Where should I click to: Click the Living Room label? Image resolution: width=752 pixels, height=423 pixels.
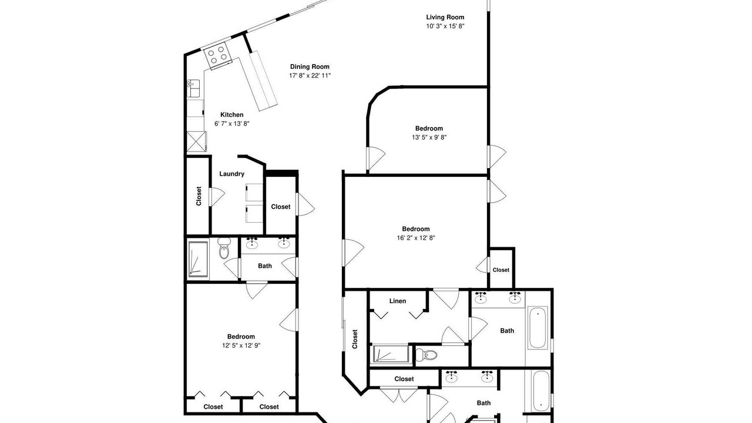pyautogui.click(x=445, y=17)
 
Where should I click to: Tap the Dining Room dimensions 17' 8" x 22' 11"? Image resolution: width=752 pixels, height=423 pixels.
pyautogui.click(x=310, y=76)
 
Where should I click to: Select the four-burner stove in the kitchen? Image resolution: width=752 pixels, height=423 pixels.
pyautogui.click(x=218, y=56)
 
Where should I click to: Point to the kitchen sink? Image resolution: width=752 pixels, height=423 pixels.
pyautogui.click(x=193, y=88)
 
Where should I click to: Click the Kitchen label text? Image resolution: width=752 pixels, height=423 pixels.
pyautogui.click(x=231, y=115)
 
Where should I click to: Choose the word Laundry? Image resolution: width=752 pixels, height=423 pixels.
pyautogui.click(x=231, y=173)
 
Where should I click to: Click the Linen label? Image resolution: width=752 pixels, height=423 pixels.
pyautogui.click(x=398, y=301)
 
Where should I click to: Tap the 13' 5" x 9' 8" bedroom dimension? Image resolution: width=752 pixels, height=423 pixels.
pyautogui.click(x=429, y=137)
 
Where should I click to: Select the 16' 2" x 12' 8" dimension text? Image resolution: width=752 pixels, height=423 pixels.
pyautogui.click(x=415, y=238)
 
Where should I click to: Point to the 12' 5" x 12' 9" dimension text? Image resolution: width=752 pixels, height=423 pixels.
pyautogui.click(x=241, y=345)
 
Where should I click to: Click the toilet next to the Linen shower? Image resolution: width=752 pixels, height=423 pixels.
pyautogui.click(x=427, y=354)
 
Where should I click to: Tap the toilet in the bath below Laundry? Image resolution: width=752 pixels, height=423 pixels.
pyautogui.click(x=224, y=248)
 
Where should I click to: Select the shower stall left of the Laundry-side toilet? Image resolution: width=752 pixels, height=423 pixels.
pyautogui.click(x=198, y=259)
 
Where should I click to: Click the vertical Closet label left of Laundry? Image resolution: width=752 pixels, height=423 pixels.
pyautogui.click(x=199, y=196)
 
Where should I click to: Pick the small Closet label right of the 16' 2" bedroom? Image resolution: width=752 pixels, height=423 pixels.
pyautogui.click(x=501, y=270)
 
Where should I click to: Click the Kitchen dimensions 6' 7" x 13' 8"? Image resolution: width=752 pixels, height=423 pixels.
pyautogui.click(x=231, y=123)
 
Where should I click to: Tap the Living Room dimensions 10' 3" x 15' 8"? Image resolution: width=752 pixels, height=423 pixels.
pyautogui.click(x=445, y=26)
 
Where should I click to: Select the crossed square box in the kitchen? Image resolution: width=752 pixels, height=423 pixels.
pyautogui.click(x=196, y=142)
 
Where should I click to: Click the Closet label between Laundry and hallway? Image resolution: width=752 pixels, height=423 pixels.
pyautogui.click(x=281, y=206)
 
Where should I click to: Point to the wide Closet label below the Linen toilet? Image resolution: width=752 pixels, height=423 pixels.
pyautogui.click(x=404, y=379)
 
